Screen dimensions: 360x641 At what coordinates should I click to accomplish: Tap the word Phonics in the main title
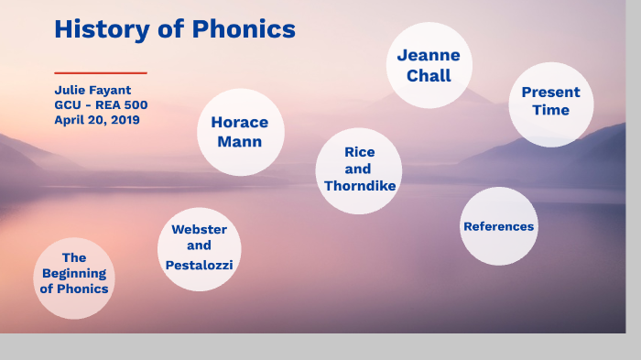[244, 29]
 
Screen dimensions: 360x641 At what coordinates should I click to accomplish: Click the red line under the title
[100, 72]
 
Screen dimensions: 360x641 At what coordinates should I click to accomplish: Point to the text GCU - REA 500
[101, 105]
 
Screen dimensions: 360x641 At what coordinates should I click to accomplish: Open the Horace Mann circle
[240, 132]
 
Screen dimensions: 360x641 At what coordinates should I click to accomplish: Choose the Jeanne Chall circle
[429, 66]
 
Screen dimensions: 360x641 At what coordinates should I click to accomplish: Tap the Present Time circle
[550, 104]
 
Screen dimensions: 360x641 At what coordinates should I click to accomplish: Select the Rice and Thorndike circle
[359, 169]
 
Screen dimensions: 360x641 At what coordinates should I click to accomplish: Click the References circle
[498, 226]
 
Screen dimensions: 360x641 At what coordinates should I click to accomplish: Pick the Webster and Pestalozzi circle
[199, 247]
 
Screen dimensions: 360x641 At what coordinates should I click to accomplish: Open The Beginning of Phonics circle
[74, 275]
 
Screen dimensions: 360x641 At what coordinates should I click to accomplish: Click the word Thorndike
[360, 186]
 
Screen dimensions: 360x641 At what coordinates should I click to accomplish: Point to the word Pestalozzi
[199, 265]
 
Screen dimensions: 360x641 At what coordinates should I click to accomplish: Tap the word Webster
[199, 229]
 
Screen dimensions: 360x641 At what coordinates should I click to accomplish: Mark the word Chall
[429, 76]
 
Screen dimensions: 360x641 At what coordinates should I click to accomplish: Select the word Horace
[240, 123]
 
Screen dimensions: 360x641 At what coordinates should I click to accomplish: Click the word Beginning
[74, 274]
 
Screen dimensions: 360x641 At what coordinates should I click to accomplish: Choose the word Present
[550, 93]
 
